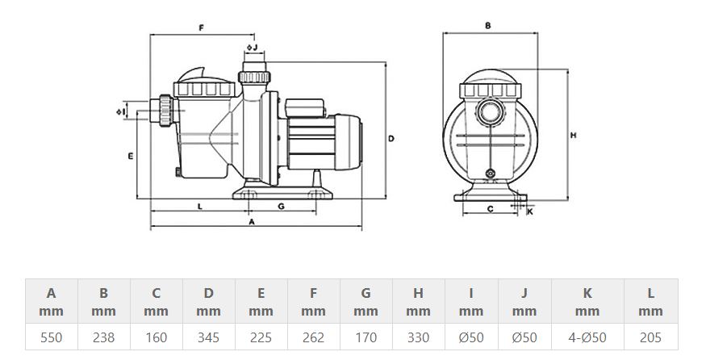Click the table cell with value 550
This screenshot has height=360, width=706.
51,337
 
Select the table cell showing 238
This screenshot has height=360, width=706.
103,337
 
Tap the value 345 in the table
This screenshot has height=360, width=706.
208,337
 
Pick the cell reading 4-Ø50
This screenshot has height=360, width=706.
587,337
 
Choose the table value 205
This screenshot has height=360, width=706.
650,337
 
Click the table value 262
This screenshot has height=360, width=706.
313,337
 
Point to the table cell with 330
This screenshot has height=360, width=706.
418,337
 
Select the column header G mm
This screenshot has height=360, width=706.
366,302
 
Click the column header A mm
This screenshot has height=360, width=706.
51,302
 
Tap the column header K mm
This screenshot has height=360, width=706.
587,302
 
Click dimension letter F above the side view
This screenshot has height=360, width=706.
201,28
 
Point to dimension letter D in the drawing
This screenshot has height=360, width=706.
391,139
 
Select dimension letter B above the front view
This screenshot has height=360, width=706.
488,26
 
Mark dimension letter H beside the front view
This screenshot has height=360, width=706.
573,135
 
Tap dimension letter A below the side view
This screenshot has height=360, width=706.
252,220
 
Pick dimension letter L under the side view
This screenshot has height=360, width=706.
199,206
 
